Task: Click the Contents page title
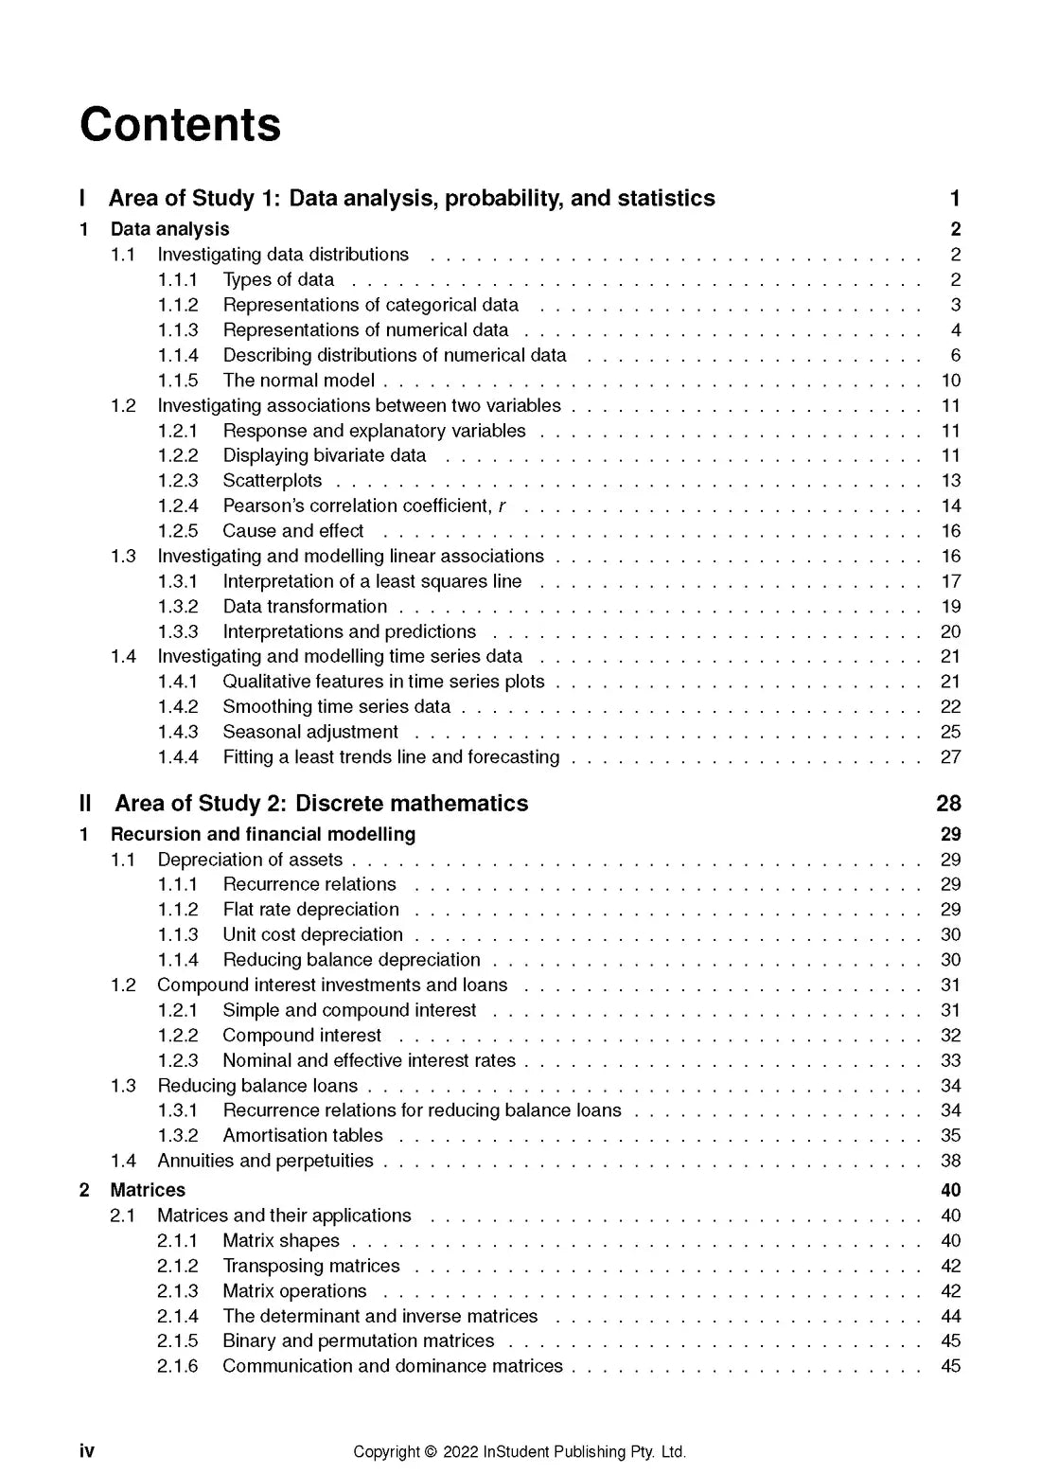coord(181,125)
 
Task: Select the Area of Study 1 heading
coord(412,198)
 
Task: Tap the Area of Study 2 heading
coord(321,803)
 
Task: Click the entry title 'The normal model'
coord(298,381)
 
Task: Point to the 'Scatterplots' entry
coord(272,481)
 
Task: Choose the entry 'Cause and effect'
coord(292,531)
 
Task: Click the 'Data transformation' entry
coord(305,607)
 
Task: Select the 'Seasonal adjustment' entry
coord(310,732)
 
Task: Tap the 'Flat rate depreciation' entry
coord(310,910)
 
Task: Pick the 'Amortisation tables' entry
coord(303,1135)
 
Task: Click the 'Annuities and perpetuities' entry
coord(265,1161)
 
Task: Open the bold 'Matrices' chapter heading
coord(148,1190)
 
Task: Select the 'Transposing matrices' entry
coord(310,1266)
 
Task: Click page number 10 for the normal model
coord(950,381)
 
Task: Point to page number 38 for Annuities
coord(950,1161)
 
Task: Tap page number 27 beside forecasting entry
coord(950,757)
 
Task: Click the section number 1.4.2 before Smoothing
coord(178,707)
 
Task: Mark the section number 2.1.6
coord(178,1366)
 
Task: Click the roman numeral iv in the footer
coord(87,1451)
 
